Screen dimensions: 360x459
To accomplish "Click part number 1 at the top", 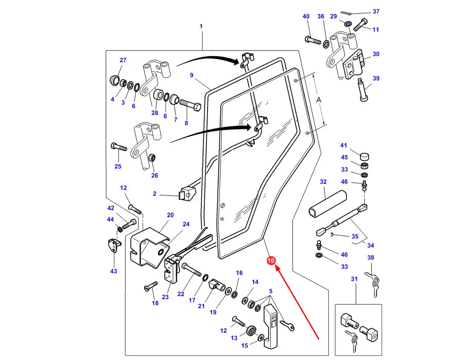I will (x=201, y=26).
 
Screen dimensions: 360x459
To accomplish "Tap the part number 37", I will (x=376, y=11).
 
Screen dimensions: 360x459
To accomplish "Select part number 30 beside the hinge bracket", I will (x=376, y=54).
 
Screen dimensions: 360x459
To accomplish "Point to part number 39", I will (x=376, y=78).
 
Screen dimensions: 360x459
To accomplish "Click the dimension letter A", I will (x=319, y=100).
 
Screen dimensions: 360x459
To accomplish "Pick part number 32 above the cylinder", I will (x=323, y=181).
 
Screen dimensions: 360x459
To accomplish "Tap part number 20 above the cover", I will (x=170, y=215).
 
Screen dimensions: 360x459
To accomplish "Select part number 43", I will (x=113, y=271).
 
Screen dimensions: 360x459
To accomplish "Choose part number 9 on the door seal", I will (x=191, y=75).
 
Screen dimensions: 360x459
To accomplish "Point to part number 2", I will (x=155, y=193).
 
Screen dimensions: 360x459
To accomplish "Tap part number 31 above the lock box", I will (x=354, y=279).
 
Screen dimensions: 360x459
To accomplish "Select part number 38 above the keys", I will (x=371, y=258).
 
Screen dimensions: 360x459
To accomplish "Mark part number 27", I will (x=123, y=60).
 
